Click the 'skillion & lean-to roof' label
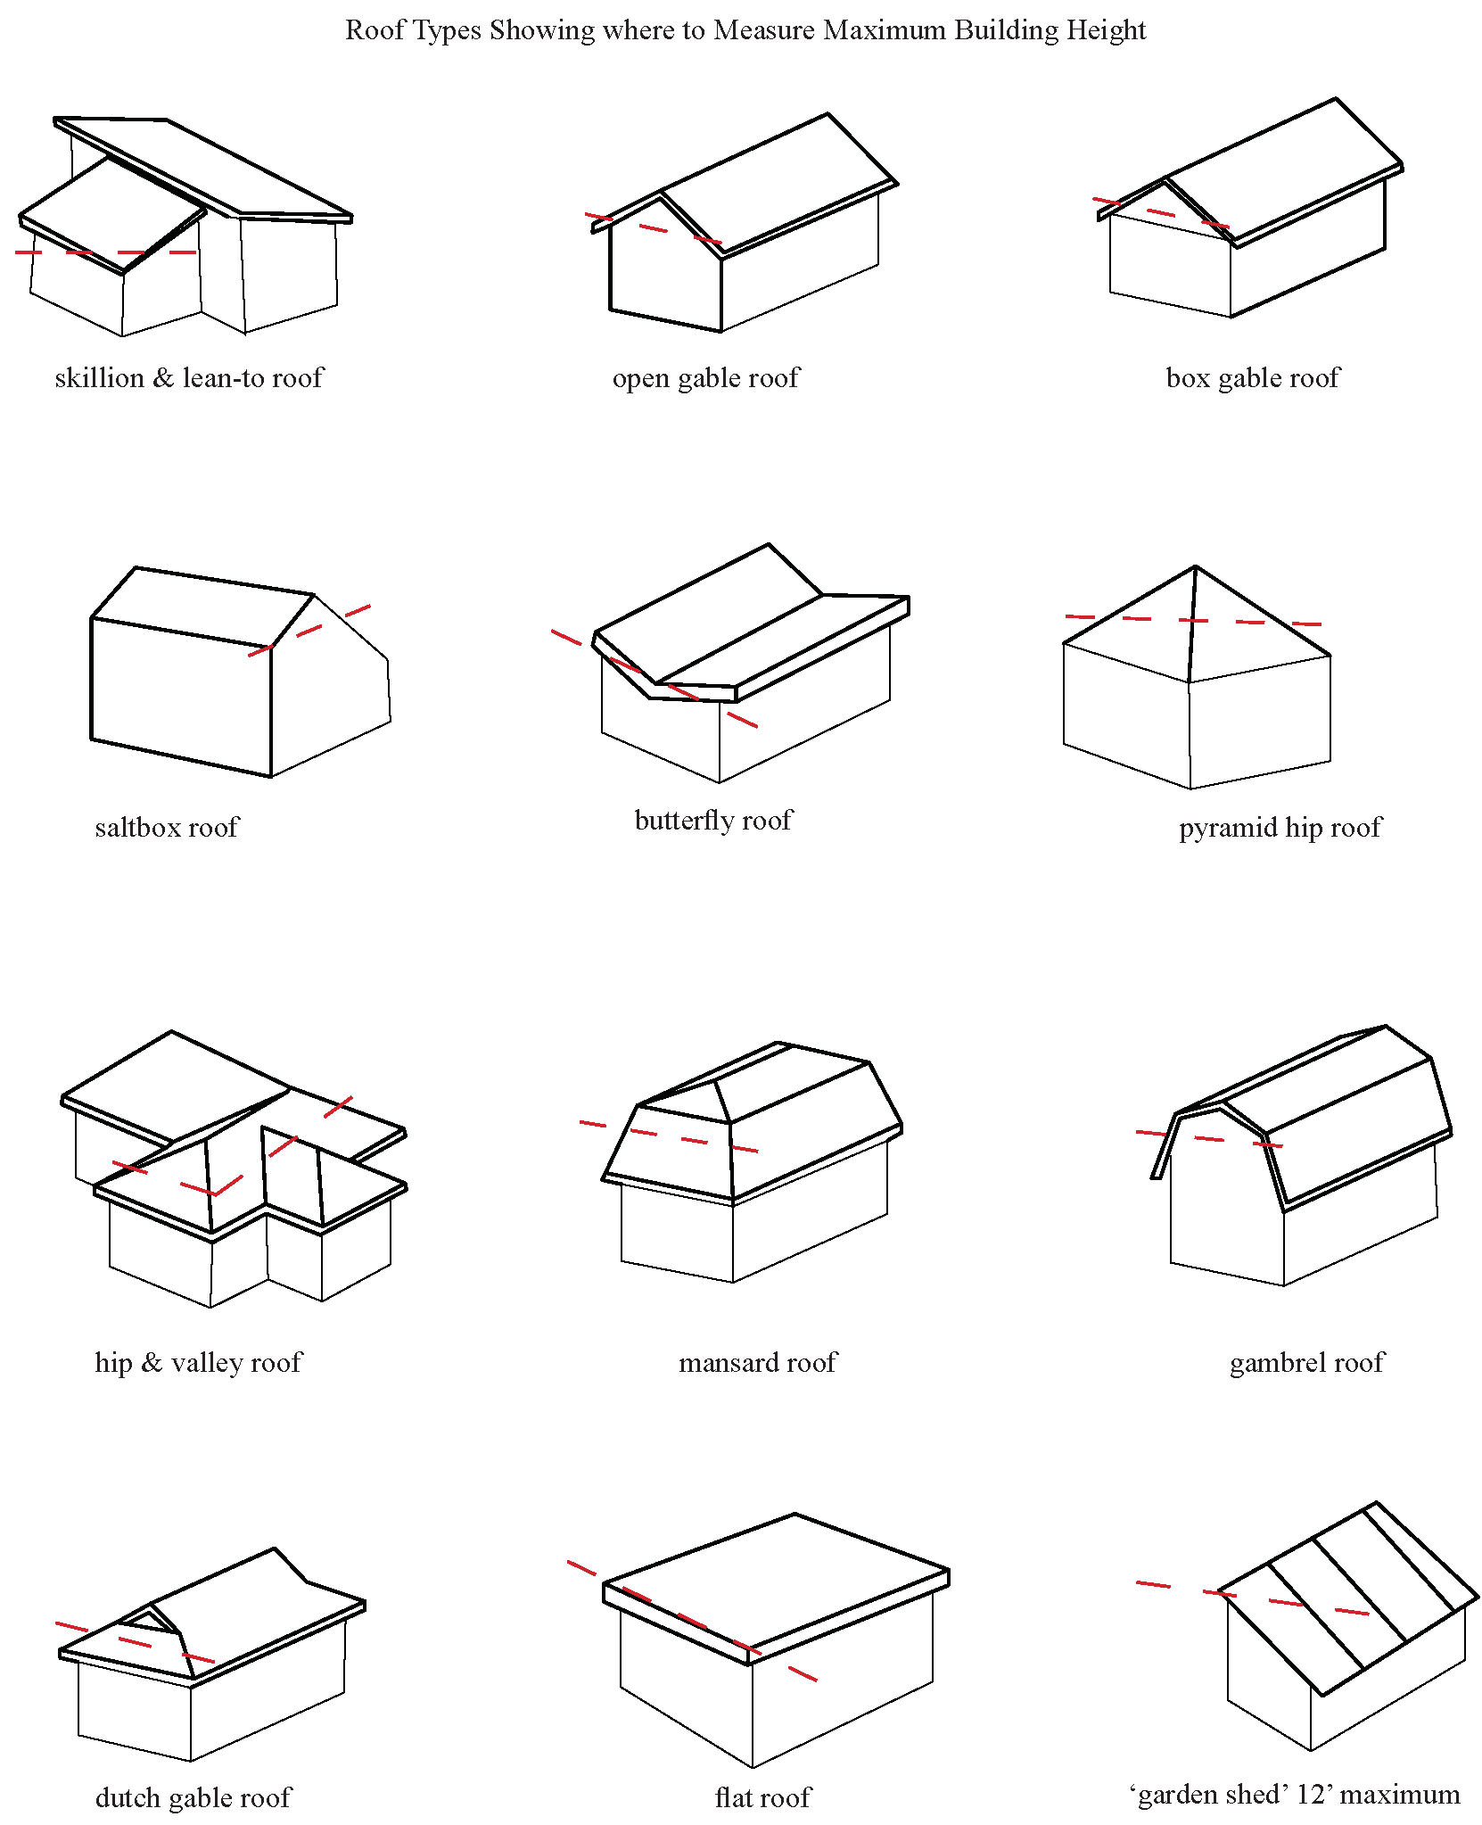coord(188,378)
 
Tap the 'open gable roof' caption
coord(705,378)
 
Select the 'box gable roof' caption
coord(1252,378)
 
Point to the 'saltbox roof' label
coord(167,828)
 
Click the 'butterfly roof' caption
coord(712,821)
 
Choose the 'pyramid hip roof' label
coord(1280,828)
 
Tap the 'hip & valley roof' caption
coord(198,1363)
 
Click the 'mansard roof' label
coord(758,1363)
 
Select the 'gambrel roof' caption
coord(1306,1363)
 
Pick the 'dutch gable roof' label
coord(193,1797)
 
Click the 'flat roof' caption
coord(762,1797)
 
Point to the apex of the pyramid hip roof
coord(1195,567)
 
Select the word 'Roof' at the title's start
coord(370,30)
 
